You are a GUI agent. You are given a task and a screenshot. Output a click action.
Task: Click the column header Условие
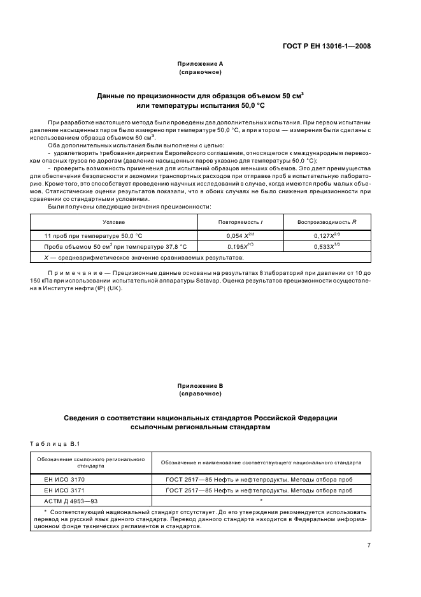pos(115,222)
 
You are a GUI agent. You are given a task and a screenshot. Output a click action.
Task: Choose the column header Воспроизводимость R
pos(327,222)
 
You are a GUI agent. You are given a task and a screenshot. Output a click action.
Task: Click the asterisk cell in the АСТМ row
pos(260,501)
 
